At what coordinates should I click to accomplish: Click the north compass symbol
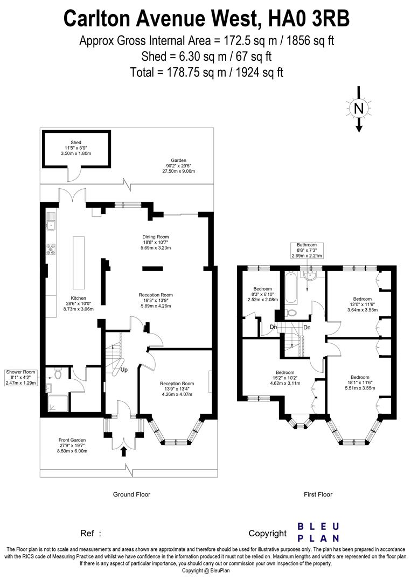tap(359, 109)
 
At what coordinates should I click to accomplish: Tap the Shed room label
tap(75, 148)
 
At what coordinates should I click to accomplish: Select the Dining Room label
tap(156, 242)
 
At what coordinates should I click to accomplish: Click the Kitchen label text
tap(78, 303)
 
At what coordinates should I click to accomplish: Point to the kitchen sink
tap(51, 224)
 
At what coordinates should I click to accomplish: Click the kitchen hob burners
tap(51, 249)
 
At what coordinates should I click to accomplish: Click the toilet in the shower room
tap(57, 373)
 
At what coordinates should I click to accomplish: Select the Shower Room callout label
tap(21, 377)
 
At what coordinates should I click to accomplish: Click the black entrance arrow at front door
tap(123, 452)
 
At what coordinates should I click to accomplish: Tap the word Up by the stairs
tap(124, 370)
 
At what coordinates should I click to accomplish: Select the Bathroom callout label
tap(306, 250)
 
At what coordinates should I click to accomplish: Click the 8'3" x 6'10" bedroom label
tap(263, 294)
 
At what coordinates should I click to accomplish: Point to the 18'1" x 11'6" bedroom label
tap(360, 383)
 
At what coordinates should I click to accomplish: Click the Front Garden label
tap(72, 445)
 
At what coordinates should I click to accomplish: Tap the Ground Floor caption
tap(131, 494)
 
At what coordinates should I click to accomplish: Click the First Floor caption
tap(318, 494)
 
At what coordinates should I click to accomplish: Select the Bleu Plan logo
tap(319, 533)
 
